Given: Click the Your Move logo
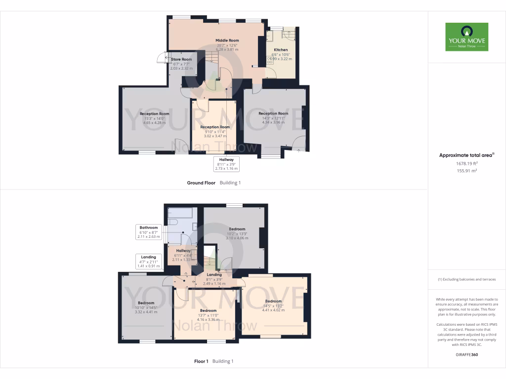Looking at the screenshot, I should tap(466, 37).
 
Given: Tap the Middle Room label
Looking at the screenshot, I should tap(227, 40).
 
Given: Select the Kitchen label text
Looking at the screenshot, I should tap(281, 50).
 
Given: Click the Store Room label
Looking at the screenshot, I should tap(181, 59).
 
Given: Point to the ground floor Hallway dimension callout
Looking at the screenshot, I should tap(226, 164).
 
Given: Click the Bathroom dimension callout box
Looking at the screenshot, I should tap(148, 232).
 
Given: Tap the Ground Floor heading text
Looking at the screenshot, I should tap(201, 183).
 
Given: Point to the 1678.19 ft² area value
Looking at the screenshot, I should tap(466, 163).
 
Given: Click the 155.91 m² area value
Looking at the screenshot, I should tap(466, 171).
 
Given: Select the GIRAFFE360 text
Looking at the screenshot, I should tap(466, 354).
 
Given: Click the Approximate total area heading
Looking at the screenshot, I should tap(466, 155).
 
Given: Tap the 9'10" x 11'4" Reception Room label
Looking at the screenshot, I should tap(215, 127).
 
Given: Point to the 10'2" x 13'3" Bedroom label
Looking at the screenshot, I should tap(237, 229).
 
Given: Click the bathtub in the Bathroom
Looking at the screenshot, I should tap(181, 213).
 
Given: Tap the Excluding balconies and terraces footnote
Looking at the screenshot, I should tap(466, 279).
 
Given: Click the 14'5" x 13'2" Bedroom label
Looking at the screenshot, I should tap(273, 301).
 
